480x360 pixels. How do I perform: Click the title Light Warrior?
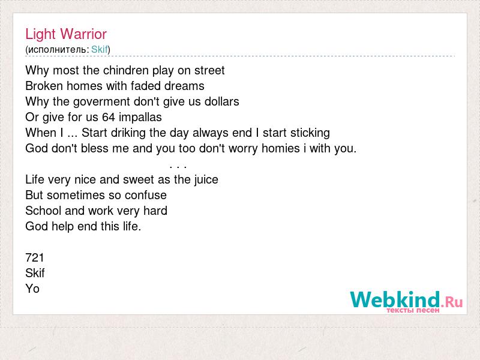point(66,34)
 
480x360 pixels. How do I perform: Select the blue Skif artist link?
point(99,49)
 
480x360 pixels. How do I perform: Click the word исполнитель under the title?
point(57,50)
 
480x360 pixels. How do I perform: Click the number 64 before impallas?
point(109,117)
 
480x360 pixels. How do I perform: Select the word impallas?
point(140,118)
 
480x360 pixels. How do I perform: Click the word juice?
point(206,180)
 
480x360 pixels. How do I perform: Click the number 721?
point(35,258)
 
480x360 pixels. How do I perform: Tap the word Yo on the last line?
point(32,289)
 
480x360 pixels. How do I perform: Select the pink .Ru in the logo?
point(452,302)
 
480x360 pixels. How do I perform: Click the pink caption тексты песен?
point(413,310)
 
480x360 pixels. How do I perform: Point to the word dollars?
point(221,101)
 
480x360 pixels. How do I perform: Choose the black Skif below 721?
point(35,273)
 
